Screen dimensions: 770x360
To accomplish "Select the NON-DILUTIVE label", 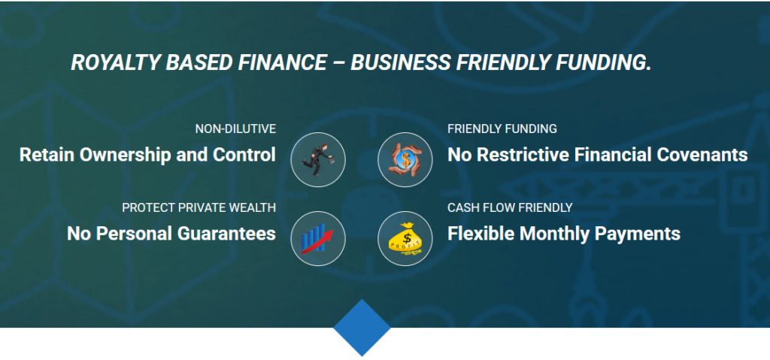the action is [235, 129].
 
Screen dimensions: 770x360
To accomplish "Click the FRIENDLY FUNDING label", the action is [502, 129].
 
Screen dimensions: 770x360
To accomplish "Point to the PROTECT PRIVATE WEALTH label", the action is [199, 207].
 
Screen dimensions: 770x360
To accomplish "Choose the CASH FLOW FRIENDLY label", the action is [510, 207].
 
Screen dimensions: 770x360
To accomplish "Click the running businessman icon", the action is [318, 159].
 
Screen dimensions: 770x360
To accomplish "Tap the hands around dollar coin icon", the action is [405, 159].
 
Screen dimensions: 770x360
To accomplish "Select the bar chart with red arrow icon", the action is [318, 238].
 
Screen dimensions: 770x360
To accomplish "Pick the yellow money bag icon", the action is [405, 239].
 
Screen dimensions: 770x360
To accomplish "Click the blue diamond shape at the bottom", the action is [362, 328].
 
